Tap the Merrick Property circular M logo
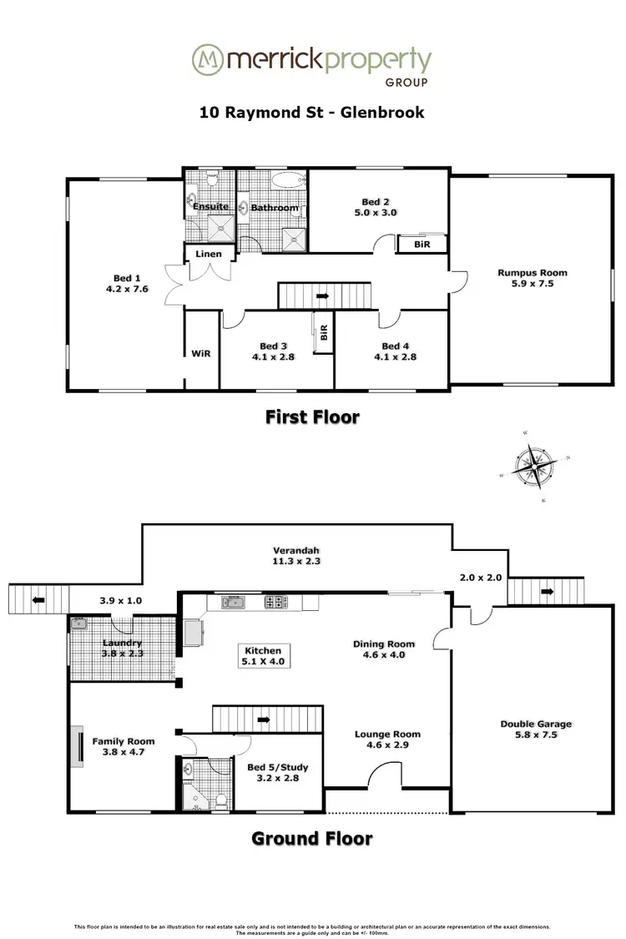coord(206,60)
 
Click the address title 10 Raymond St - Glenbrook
coord(312,112)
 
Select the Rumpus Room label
coord(532,273)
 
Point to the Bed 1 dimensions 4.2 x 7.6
coord(126,290)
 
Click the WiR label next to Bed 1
coord(200,353)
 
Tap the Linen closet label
coord(208,254)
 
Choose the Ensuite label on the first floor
coord(211,207)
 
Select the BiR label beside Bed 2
coord(422,244)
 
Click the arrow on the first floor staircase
coord(323,295)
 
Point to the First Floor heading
coord(312,416)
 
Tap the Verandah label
coord(296,551)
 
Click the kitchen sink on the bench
coord(233,602)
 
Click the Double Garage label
coord(536,724)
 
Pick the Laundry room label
coord(122,644)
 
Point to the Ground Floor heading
coord(312,838)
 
